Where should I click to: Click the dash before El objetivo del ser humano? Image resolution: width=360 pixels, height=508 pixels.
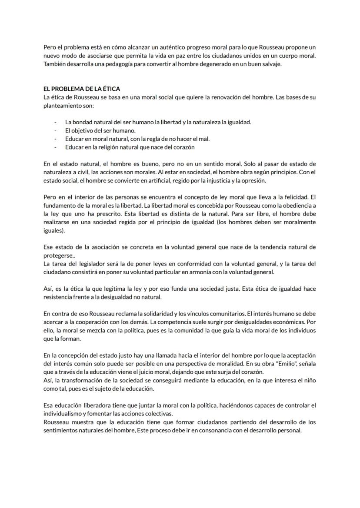(x=55, y=131)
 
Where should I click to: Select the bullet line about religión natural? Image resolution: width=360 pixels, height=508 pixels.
(x=130, y=147)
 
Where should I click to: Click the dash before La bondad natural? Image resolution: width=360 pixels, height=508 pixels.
(x=55, y=123)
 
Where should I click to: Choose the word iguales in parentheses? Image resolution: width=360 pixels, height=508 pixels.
(x=53, y=230)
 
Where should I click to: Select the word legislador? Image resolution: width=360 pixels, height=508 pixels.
(x=97, y=264)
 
